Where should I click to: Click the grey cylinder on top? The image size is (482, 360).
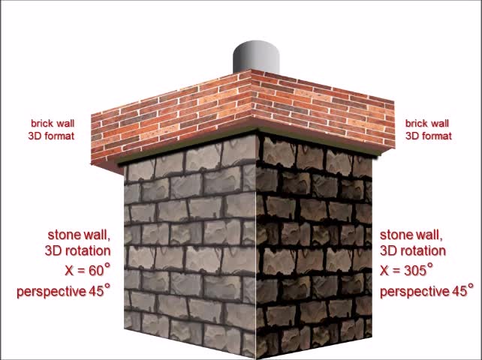tap(257, 58)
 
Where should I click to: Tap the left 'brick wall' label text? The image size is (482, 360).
tap(53, 123)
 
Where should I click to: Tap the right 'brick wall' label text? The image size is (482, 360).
tap(427, 123)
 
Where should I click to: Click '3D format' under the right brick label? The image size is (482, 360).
tap(429, 136)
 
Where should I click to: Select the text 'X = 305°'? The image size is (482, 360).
tap(406, 270)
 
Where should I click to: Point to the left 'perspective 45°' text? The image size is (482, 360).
tap(63, 291)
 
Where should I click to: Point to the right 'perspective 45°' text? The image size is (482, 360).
tap(426, 291)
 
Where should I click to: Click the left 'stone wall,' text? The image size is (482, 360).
tap(79, 235)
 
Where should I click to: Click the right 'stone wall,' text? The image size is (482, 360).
tap(411, 235)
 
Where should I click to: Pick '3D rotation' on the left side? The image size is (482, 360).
tap(77, 251)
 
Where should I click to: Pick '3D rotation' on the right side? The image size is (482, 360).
tap(413, 251)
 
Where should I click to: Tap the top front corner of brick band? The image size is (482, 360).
tap(251, 72)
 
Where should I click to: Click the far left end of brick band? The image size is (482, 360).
tap(93, 139)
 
